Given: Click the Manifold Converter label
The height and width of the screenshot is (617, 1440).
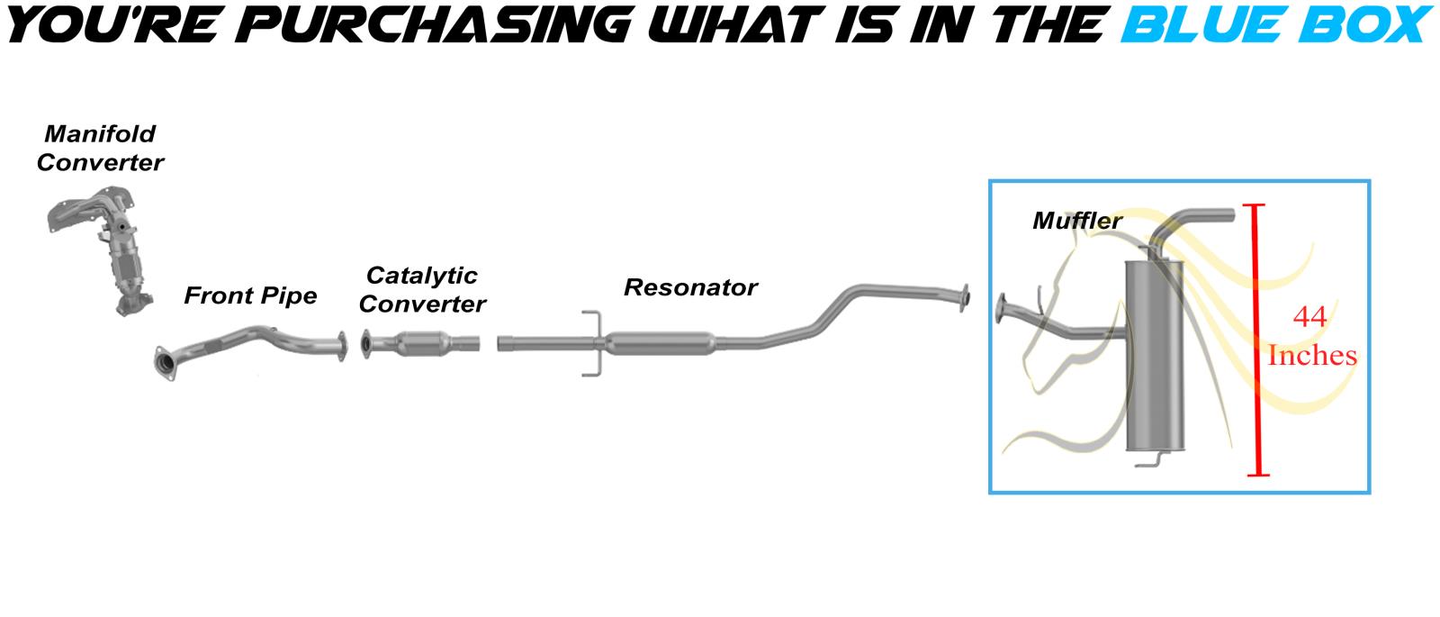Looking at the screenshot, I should [x=100, y=149].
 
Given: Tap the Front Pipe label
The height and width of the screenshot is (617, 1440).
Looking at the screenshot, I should [x=250, y=295].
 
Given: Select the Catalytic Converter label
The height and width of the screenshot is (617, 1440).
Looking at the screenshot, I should [x=422, y=289].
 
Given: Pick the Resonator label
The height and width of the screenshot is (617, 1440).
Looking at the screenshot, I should [x=690, y=287].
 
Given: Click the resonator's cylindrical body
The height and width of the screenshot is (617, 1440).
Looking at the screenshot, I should [x=661, y=342].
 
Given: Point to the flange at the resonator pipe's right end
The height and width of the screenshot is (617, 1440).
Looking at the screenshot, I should [x=965, y=298].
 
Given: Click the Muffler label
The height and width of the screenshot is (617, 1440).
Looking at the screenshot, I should [x=1077, y=220].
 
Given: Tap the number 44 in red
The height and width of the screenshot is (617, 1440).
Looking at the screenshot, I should [x=1309, y=317].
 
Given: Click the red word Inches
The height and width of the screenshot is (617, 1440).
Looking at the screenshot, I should [x=1311, y=356].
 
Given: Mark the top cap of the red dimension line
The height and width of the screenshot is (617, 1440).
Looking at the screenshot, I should [x=1256, y=206].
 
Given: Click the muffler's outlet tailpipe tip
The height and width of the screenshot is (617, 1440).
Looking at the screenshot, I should [x=1229, y=215].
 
